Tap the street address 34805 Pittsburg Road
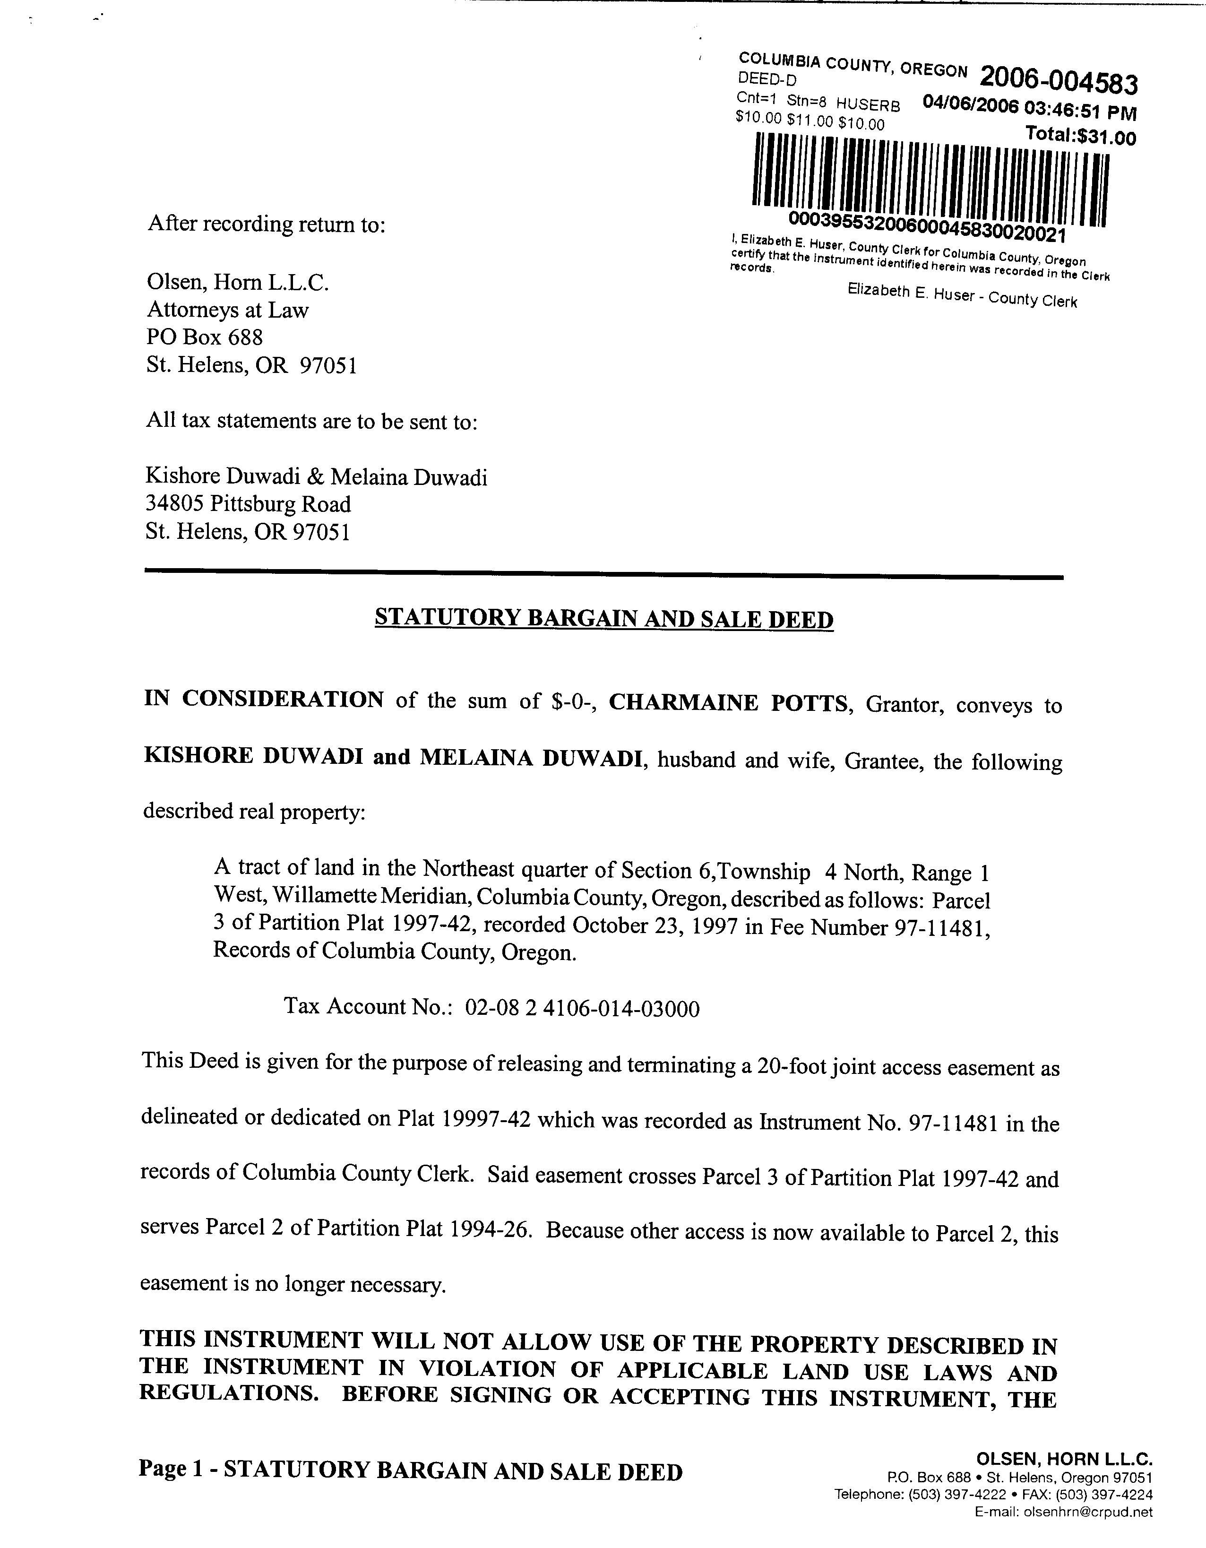tap(248, 504)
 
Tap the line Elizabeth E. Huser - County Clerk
tap(962, 295)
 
